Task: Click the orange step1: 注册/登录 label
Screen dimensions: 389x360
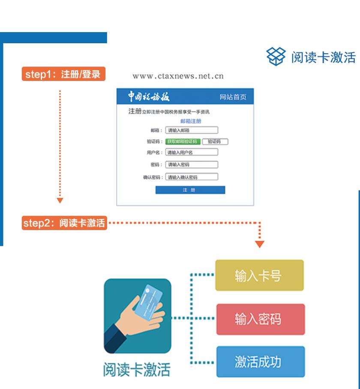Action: (63, 74)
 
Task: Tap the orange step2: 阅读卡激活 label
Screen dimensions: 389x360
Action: (63, 223)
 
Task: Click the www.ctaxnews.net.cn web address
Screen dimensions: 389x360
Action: (178, 77)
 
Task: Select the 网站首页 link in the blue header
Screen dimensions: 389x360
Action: (233, 97)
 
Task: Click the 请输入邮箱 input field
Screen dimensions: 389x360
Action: (192, 130)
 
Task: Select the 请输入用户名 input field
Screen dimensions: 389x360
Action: (192, 152)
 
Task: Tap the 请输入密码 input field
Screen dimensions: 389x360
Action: (192, 165)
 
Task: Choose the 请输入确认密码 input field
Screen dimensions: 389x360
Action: (192, 177)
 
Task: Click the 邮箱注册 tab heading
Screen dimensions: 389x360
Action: (191, 121)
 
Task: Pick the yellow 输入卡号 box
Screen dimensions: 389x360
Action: (260, 275)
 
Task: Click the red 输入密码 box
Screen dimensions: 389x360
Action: (260, 319)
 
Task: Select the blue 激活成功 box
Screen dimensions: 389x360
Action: (260, 362)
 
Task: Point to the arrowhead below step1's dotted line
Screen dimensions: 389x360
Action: (60, 200)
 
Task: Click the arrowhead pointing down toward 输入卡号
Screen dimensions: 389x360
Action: (260, 245)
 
